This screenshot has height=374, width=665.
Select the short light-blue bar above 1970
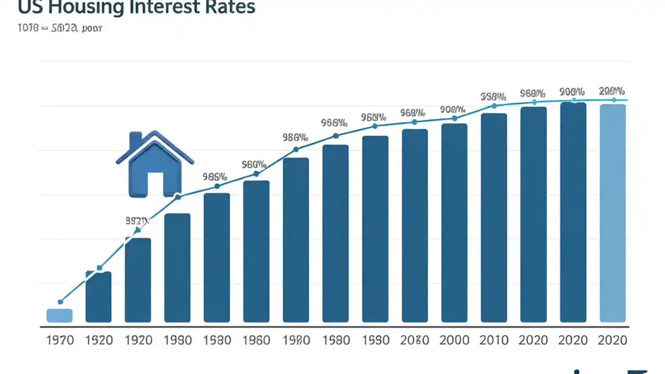(x=59, y=315)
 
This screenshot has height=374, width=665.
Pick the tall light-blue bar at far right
(x=613, y=213)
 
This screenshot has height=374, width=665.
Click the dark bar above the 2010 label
(x=494, y=218)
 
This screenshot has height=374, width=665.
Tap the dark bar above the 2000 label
(x=454, y=223)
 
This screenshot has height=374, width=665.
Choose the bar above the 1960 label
(x=256, y=251)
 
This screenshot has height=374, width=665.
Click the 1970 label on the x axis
(x=60, y=340)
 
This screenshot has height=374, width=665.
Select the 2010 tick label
(x=494, y=340)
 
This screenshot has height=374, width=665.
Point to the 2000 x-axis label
(x=454, y=340)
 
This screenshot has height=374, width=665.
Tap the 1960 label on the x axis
(x=256, y=340)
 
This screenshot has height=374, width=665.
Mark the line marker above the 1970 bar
(x=60, y=301)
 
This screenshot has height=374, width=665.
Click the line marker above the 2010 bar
(x=494, y=105)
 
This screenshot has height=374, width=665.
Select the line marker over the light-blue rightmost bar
(x=614, y=100)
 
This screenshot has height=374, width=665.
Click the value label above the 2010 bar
(x=493, y=96)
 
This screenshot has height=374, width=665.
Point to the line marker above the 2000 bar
(x=455, y=118)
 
